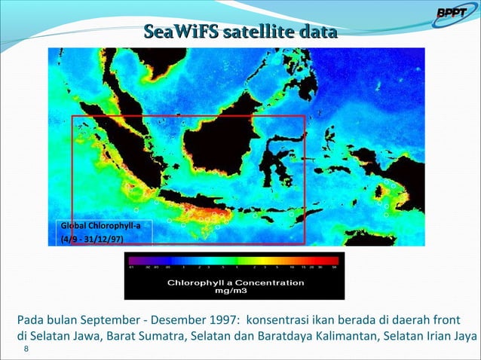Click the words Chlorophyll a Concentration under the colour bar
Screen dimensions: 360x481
[x=235, y=282]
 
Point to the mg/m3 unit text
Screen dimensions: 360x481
[x=234, y=290]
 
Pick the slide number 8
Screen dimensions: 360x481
[x=26, y=349]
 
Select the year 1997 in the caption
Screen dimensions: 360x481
[x=219, y=319]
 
